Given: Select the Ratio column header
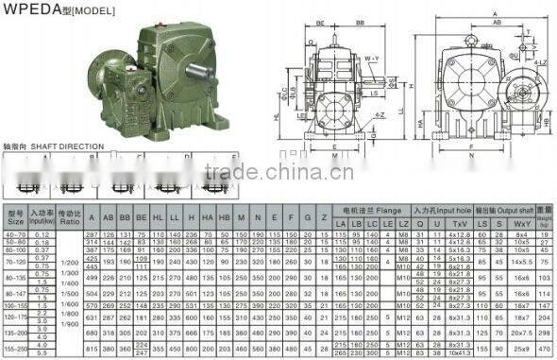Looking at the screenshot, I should point(69,219).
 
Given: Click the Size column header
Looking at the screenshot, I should point(14,219).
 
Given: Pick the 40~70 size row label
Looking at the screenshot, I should point(14,232).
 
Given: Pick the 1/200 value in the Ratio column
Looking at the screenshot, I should point(69,260).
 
